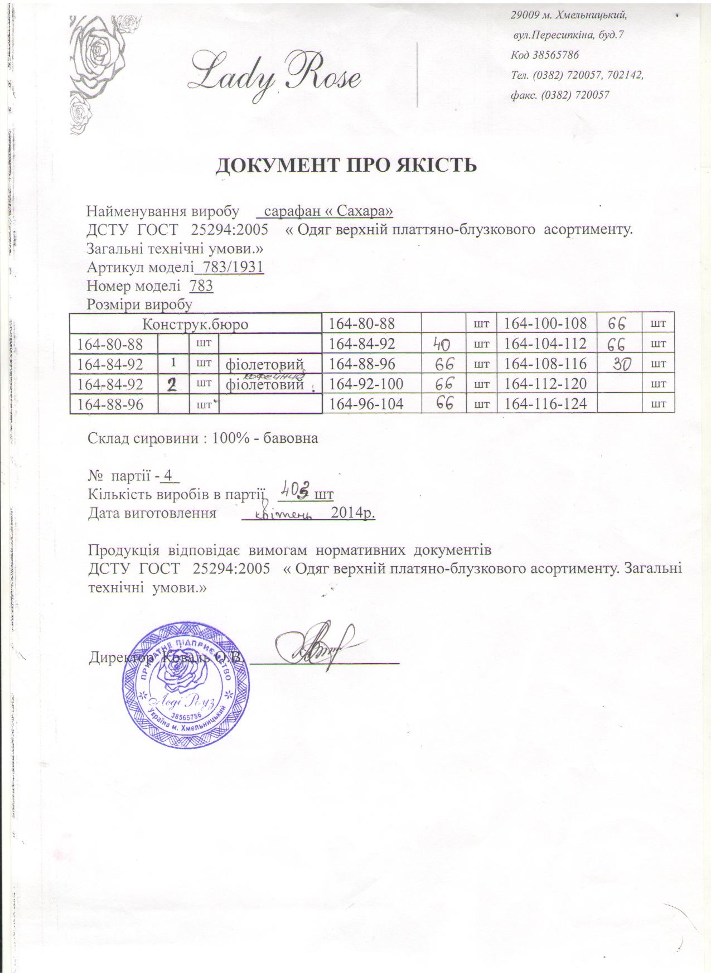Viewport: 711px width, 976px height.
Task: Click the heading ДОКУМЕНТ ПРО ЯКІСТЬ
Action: click(346, 166)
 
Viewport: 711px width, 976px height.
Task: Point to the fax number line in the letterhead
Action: click(559, 95)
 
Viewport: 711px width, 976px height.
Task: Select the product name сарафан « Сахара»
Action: click(327, 211)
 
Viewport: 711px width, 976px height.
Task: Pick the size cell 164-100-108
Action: click(545, 323)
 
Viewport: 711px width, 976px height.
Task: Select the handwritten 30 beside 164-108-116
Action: click(620, 365)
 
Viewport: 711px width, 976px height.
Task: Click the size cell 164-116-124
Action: click(545, 403)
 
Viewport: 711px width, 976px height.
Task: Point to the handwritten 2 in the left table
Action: click(173, 384)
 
